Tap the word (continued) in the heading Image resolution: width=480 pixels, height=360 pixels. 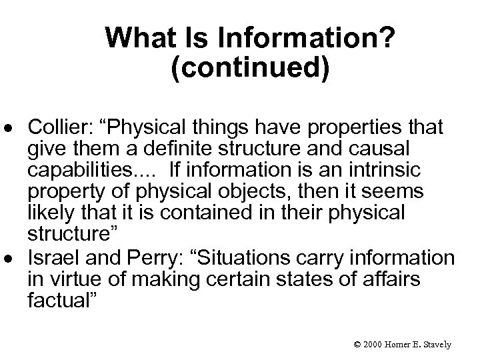point(250,69)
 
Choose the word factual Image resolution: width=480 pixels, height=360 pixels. point(62,301)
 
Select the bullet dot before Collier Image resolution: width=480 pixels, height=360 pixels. point(13,127)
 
